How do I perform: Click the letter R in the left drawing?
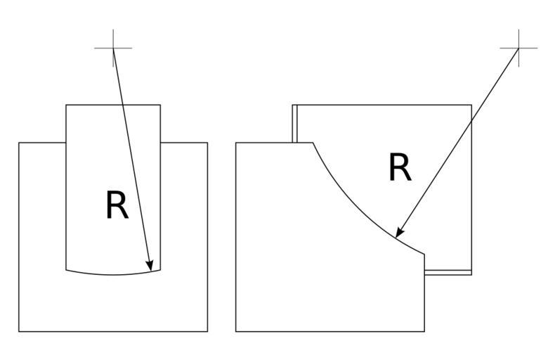click(117, 206)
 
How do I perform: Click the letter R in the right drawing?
click(400, 169)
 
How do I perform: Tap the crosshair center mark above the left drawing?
click(113, 49)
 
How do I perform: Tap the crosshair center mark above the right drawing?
click(518, 49)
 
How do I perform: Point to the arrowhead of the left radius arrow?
click(151, 268)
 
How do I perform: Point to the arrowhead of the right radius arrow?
click(398, 235)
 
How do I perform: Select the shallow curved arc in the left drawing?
click(113, 274)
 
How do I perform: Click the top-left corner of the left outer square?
click(19, 143)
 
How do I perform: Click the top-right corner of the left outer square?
click(207, 143)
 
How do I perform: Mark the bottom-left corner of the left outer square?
click(19, 331)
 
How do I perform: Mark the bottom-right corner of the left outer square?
click(207, 331)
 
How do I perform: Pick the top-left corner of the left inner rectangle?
click(66, 105)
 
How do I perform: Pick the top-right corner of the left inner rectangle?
click(160, 105)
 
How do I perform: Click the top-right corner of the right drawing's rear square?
click(471, 105)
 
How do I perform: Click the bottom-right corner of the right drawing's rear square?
click(471, 274)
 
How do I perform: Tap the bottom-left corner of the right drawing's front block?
click(236, 331)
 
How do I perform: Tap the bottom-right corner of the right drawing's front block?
click(424, 331)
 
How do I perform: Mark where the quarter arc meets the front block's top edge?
click(313, 143)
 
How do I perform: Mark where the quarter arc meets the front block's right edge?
click(424, 254)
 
